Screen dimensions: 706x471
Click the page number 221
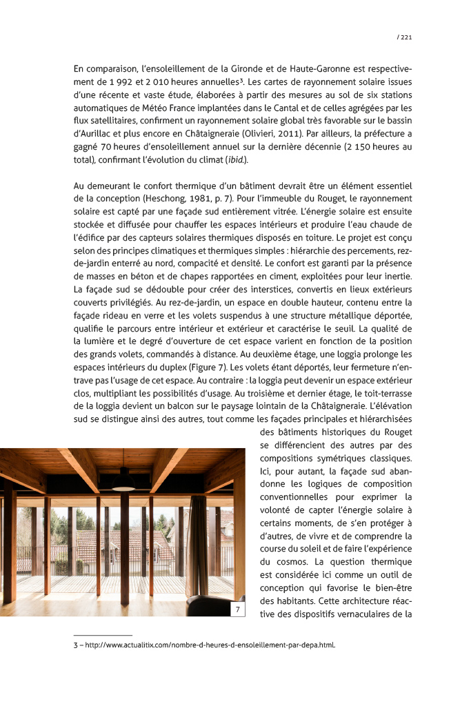pos(405,37)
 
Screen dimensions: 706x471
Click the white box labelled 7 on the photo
pos(236,609)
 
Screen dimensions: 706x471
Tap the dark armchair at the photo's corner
pos(210,607)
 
